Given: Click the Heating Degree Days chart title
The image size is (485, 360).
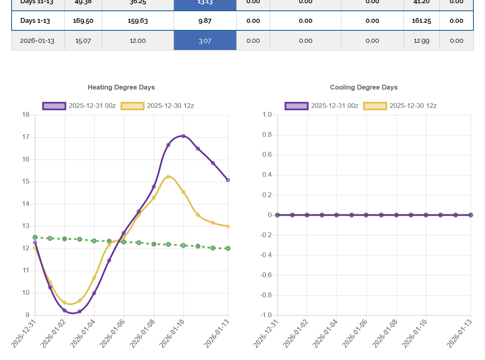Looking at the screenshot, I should click(121, 87).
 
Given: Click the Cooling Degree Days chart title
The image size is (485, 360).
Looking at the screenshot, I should click(363, 87).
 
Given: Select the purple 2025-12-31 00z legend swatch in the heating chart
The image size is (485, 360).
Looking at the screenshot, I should click(54, 106).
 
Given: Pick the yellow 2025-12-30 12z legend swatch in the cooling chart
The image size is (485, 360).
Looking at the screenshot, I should click(375, 106).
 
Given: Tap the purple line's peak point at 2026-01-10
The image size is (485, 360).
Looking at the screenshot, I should click(184, 136).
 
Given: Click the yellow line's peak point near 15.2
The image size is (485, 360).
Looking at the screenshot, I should click(168, 177).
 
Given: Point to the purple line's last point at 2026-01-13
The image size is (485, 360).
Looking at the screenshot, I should click(228, 180).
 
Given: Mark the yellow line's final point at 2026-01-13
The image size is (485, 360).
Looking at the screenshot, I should click(228, 227).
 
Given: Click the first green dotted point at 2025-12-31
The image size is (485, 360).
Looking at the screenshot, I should click(35, 237).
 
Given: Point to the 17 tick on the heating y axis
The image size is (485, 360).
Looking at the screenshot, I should click(26, 137).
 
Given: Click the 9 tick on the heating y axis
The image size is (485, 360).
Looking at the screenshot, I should click(28, 315).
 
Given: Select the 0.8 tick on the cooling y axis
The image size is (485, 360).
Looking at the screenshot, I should click(267, 135).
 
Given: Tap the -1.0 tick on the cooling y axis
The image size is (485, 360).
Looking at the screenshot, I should click(266, 315).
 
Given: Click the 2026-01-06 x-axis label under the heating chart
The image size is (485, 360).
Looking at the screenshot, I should click(112, 333).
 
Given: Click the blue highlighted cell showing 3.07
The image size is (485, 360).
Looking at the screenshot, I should click(205, 41).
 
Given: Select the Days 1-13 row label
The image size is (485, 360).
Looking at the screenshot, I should click(35, 21).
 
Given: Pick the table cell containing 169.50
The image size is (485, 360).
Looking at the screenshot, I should click(83, 21).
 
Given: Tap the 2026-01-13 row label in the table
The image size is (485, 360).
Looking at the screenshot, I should click(37, 41).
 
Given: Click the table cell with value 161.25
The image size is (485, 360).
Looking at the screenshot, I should click(421, 21).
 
